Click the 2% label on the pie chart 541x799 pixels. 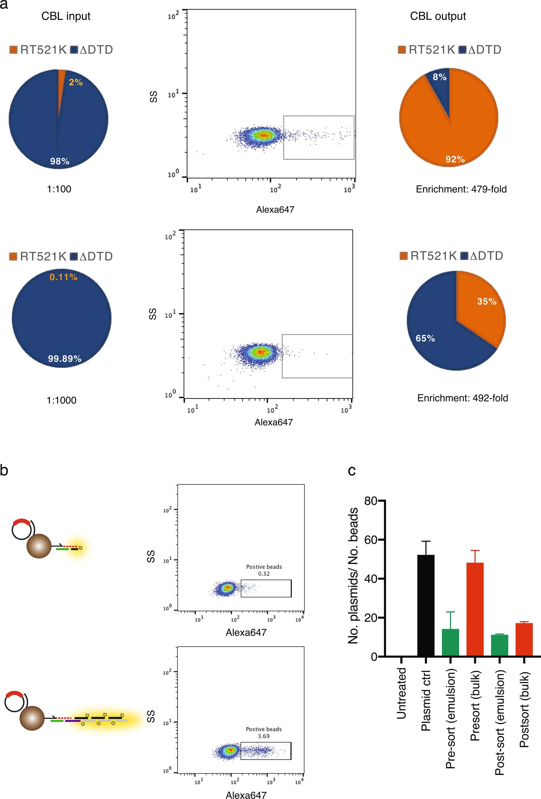[76, 82]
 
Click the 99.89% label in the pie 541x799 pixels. [65, 359]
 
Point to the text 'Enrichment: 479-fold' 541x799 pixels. [461, 189]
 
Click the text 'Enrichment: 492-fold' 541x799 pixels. [462, 398]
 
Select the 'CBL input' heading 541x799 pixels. [66, 16]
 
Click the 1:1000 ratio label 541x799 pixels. [61, 400]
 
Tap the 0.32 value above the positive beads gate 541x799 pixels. [264, 574]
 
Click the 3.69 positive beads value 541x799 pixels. [264, 736]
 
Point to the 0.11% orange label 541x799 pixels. [64, 277]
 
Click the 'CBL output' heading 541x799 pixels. [438, 16]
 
